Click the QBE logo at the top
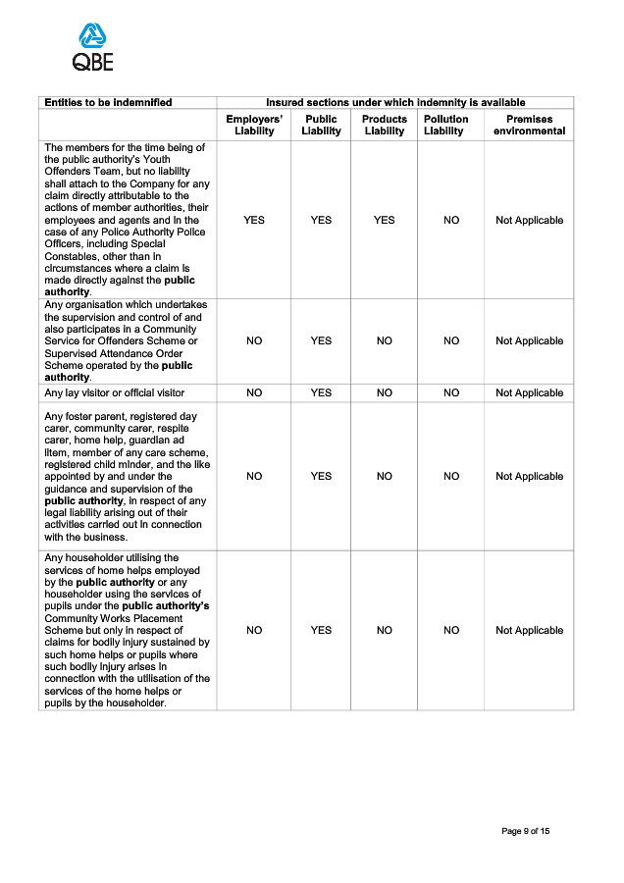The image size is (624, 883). point(93,48)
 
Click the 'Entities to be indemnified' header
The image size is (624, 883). point(108,102)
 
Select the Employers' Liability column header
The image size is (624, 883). point(254,125)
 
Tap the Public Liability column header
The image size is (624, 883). point(321,125)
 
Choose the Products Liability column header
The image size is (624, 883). point(385,125)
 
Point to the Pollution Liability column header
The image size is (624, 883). point(446,125)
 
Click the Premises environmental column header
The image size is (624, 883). point(529,125)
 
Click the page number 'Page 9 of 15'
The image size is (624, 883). point(525,831)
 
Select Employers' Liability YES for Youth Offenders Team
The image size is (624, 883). point(254,220)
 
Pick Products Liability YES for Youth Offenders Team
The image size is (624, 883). point(385,220)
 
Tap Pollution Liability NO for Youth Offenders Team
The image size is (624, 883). point(451,220)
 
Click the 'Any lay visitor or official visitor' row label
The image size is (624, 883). point(114,392)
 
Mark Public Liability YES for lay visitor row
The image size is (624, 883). point(321,392)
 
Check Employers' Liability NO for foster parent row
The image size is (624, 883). point(254,476)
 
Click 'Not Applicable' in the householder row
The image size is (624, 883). point(529,630)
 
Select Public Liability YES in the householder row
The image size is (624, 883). point(321,630)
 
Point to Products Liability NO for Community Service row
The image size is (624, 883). point(385,340)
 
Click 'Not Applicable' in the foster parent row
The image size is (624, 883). point(529,476)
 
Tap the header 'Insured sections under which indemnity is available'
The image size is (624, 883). point(395,102)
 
